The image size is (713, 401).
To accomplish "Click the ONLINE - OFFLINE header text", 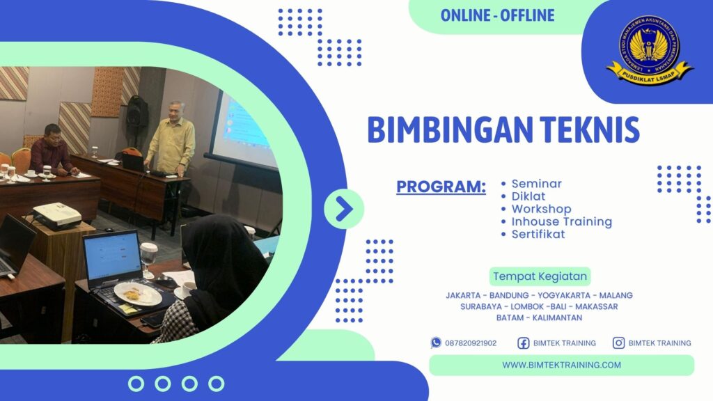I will [497, 15].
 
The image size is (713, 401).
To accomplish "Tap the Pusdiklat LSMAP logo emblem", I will [649, 48].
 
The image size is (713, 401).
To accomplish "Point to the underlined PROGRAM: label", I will [441, 187].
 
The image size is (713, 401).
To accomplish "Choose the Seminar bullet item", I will [536, 184].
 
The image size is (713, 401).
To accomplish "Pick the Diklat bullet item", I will [528, 196].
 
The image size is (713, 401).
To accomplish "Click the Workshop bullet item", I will [541, 209].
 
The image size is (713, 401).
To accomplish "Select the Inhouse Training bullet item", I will [561, 221].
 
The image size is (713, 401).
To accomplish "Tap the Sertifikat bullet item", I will [538, 234].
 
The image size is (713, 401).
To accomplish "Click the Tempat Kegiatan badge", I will [540, 276].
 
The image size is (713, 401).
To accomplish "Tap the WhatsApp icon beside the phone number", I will [436, 343].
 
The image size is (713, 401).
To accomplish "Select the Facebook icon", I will [524, 343].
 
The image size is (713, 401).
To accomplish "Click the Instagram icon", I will [618, 343].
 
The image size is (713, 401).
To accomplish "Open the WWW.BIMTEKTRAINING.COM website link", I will [561, 365].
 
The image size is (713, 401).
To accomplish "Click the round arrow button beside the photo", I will [344, 209].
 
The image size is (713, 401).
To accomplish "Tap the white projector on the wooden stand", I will [56, 215].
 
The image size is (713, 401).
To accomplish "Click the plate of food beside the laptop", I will [137, 294].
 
